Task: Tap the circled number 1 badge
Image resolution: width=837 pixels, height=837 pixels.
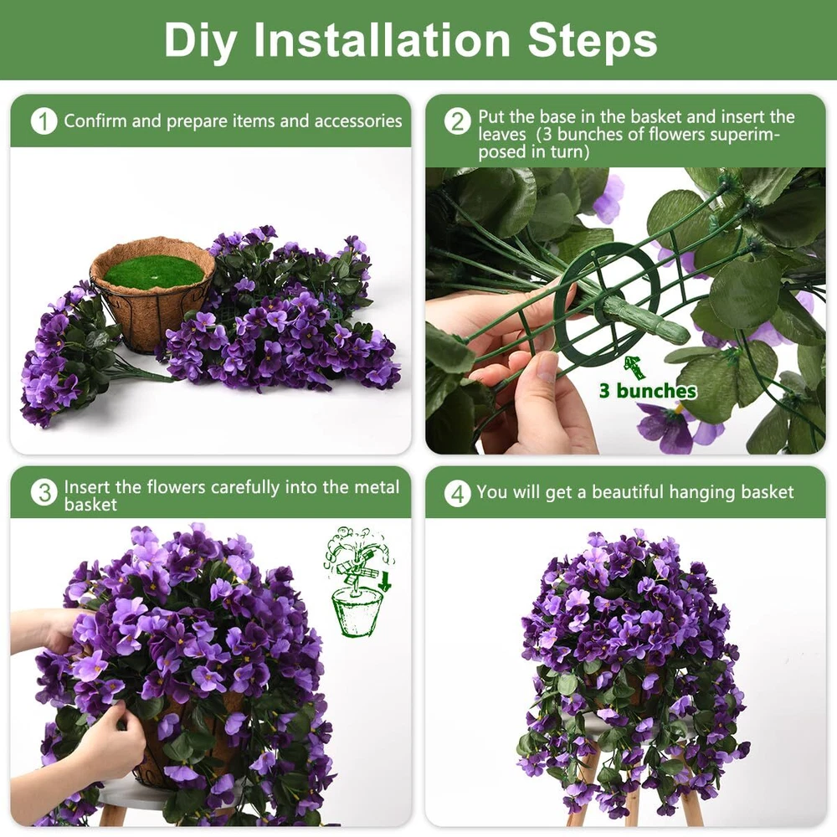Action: tap(44, 121)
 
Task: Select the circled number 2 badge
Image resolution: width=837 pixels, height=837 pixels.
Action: tap(458, 121)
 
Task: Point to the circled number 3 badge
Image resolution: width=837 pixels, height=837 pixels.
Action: tap(44, 492)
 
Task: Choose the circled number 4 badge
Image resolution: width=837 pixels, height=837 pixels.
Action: tap(458, 494)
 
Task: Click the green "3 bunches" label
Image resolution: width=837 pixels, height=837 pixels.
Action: tap(648, 391)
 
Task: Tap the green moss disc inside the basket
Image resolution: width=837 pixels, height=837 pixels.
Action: tap(154, 270)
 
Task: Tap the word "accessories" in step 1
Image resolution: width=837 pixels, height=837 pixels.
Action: tap(358, 121)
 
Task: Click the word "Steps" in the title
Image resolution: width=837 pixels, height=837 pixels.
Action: tap(593, 40)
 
